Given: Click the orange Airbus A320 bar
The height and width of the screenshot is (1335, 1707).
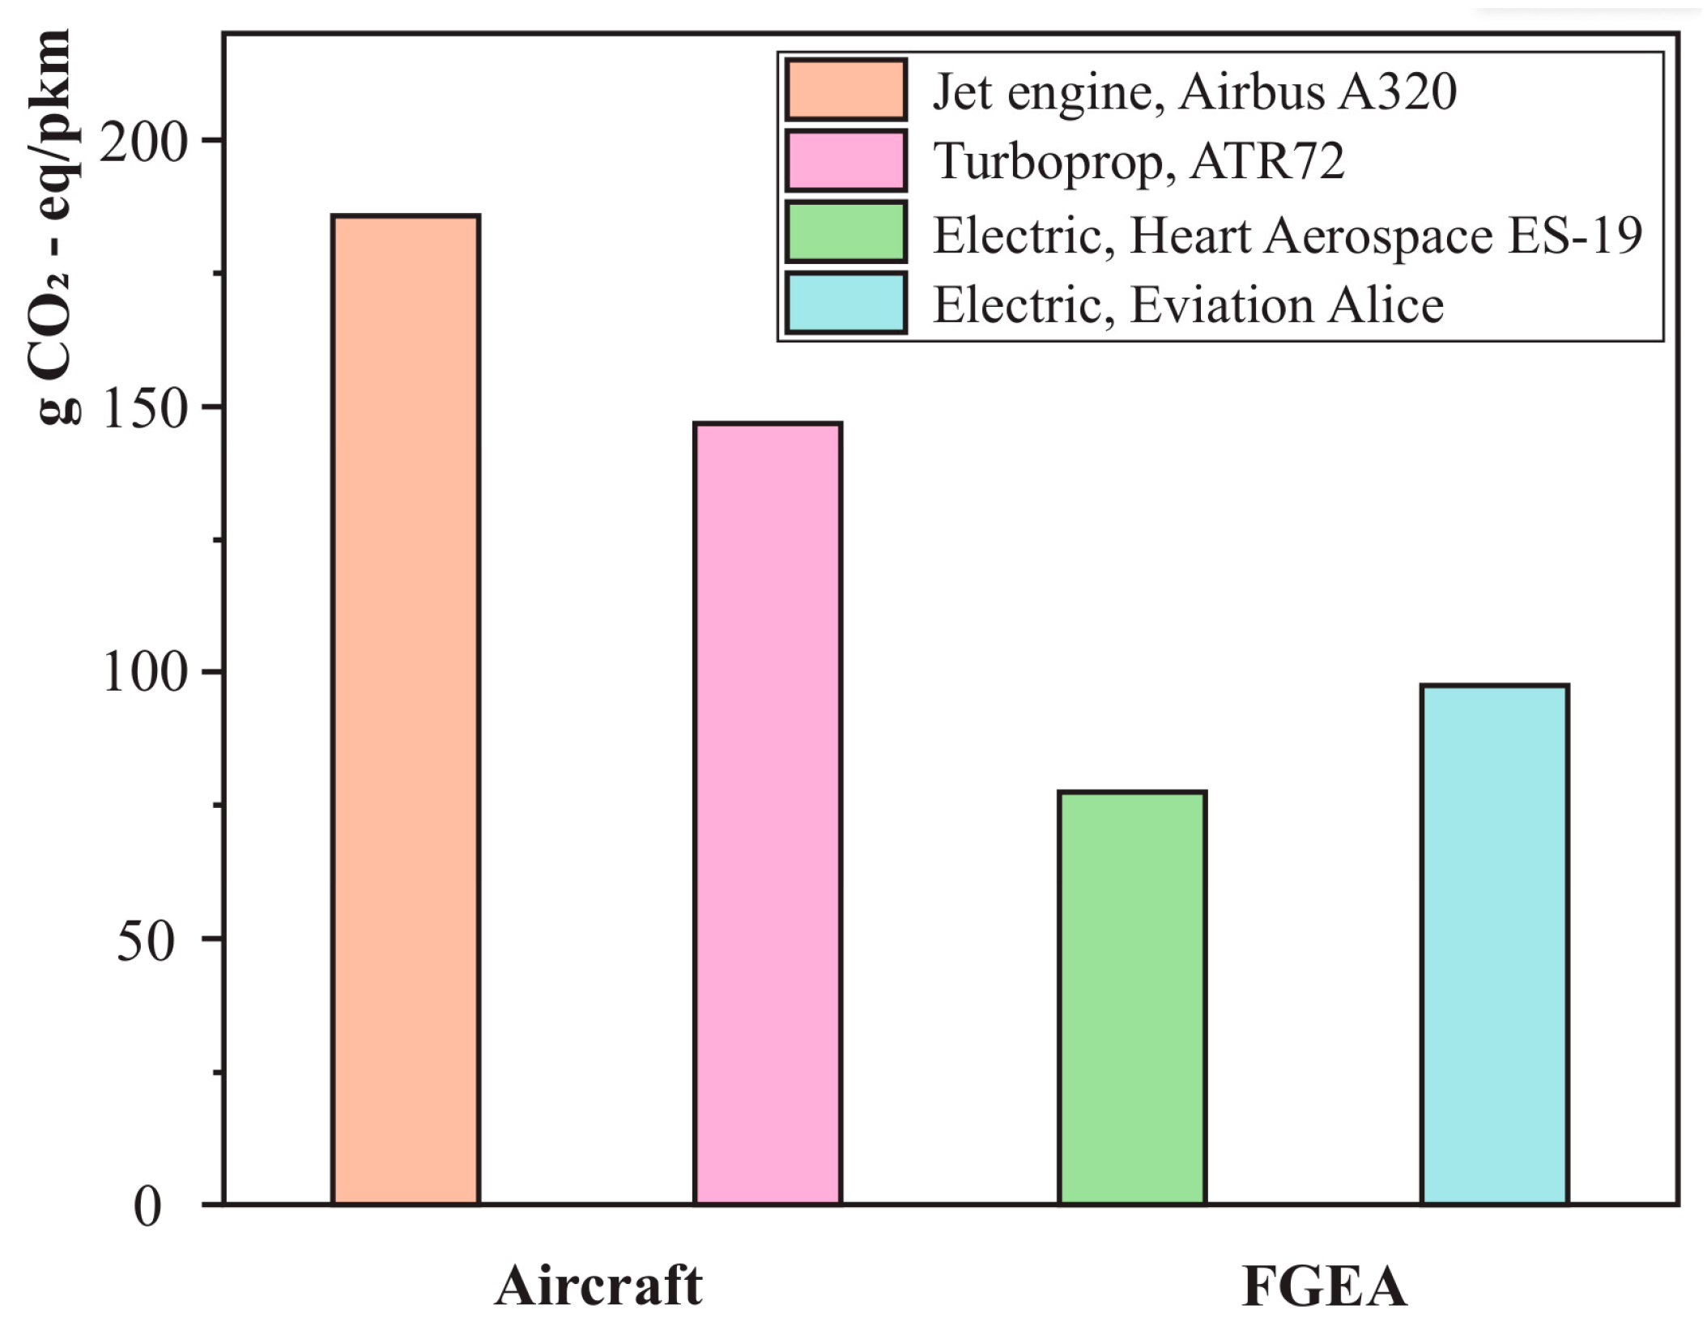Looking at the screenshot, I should (x=406, y=710).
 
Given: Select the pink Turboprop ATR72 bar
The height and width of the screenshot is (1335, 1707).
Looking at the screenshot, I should (x=768, y=814).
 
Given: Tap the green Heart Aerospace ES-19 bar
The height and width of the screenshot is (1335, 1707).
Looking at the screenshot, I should (x=1132, y=998).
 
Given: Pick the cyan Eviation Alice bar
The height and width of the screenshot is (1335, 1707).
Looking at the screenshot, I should (x=1495, y=945).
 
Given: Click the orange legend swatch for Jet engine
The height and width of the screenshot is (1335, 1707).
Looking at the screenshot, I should (x=845, y=90).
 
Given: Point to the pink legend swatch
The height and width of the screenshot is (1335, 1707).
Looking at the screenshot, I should (x=845, y=160).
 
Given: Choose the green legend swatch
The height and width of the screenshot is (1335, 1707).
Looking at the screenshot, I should (x=845, y=232).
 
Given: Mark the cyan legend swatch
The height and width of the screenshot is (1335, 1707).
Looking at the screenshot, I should (x=845, y=303).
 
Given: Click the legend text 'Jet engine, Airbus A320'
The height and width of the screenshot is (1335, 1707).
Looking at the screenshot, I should (x=1194, y=91).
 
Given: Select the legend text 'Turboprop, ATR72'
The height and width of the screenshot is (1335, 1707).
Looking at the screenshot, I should (x=1139, y=161).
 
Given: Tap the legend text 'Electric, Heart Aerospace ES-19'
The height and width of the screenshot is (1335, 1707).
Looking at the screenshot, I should (x=1288, y=236).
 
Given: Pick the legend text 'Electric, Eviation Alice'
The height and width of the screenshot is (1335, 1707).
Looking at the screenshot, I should (x=1188, y=305).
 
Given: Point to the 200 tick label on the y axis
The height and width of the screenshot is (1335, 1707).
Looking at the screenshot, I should (x=143, y=142).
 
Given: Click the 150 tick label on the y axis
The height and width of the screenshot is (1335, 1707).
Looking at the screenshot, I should (x=143, y=409).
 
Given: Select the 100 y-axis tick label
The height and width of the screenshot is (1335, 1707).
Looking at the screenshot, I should (x=143, y=674).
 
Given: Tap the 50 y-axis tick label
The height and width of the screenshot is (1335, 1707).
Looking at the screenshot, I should (x=146, y=941).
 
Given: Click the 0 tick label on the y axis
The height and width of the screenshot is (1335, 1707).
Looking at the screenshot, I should (x=147, y=1207).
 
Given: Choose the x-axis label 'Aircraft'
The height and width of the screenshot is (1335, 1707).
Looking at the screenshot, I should (x=598, y=1286).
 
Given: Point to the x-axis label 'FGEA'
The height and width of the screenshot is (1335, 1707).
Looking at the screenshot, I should (x=1324, y=1286).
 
